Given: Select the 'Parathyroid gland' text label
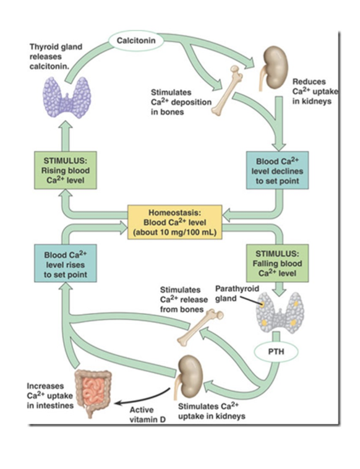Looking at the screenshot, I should (232, 293).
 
